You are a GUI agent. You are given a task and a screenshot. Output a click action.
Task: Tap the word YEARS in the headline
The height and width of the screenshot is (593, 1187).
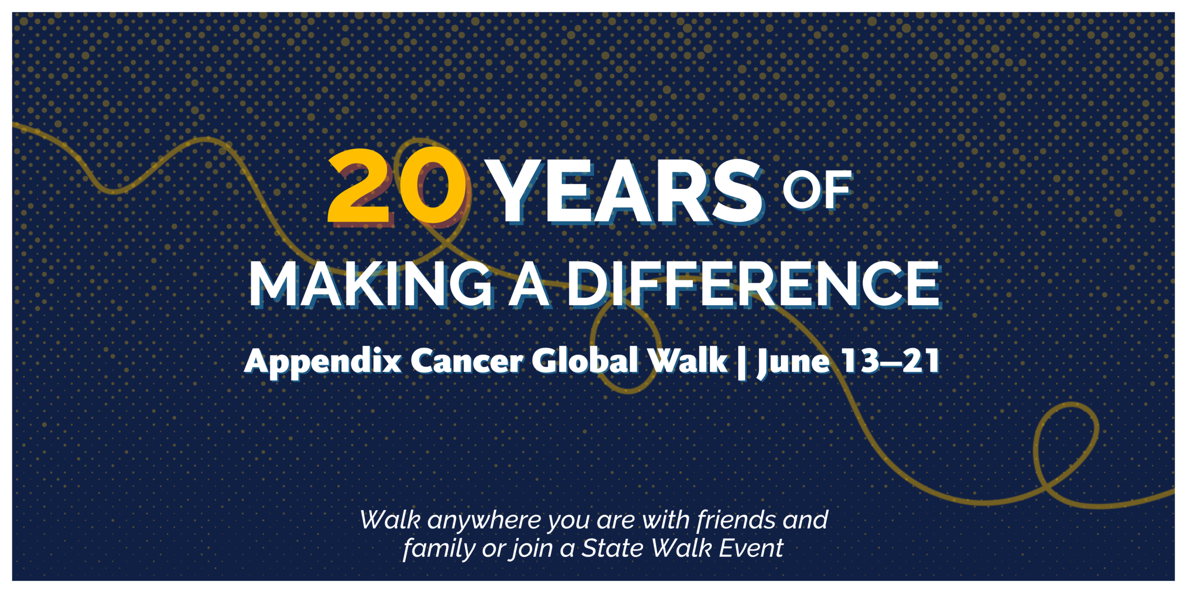(626, 191)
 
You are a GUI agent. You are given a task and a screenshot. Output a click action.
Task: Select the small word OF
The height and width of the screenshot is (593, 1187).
(817, 189)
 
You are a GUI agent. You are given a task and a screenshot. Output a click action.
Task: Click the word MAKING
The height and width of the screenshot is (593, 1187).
(371, 284)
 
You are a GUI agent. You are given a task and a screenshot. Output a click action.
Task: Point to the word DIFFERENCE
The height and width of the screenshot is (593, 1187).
(754, 284)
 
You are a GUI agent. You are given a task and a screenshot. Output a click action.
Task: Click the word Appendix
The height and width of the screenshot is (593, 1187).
(323, 362)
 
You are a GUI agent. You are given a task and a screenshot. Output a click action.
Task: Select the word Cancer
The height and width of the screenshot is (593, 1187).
(466, 361)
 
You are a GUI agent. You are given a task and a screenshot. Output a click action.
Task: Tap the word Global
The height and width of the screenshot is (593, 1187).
(585, 360)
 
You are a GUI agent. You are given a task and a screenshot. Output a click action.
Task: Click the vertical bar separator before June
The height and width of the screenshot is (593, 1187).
(742, 363)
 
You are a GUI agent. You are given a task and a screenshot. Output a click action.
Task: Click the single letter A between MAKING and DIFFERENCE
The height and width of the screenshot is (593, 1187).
(530, 284)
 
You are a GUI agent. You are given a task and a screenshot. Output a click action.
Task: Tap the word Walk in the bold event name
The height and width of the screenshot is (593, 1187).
(688, 360)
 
